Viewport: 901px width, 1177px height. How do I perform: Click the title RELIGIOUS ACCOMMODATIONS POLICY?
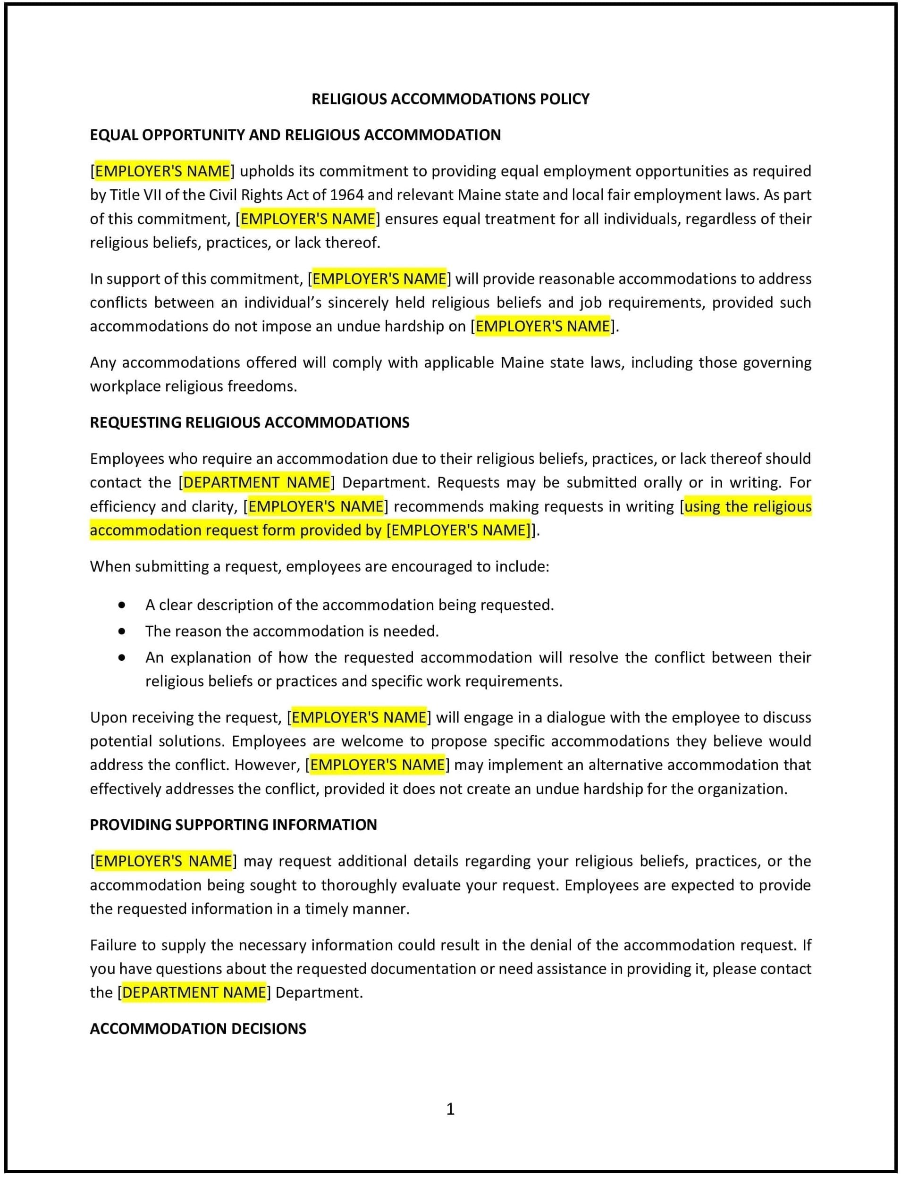click(x=450, y=99)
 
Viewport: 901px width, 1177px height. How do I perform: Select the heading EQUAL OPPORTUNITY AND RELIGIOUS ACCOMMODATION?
click(x=295, y=135)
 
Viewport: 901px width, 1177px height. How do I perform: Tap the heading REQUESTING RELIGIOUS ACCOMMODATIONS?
click(x=249, y=422)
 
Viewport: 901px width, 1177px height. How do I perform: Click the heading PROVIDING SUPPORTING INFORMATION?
click(x=233, y=825)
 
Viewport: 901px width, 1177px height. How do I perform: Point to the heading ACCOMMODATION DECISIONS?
click(x=198, y=1028)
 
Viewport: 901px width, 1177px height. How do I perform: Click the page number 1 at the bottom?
click(x=450, y=1109)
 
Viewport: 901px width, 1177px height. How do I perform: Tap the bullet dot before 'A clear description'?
click(x=122, y=605)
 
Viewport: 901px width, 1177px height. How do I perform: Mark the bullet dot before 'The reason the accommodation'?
click(x=122, y=631)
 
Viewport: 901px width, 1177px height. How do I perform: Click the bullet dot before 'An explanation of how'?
click(x=122, y=658)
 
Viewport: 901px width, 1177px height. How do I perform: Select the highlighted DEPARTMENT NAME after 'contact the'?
click(x=256, y=483)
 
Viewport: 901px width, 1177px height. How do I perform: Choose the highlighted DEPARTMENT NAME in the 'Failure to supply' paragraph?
click(x=194, y=992)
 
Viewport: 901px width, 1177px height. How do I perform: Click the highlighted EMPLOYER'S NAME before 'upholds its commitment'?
click(x=162, y=171)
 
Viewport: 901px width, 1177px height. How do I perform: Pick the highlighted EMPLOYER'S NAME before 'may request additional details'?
click(x=164, y=861)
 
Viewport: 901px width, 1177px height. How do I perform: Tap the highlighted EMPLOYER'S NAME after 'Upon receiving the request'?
click(x=359, y=717)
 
